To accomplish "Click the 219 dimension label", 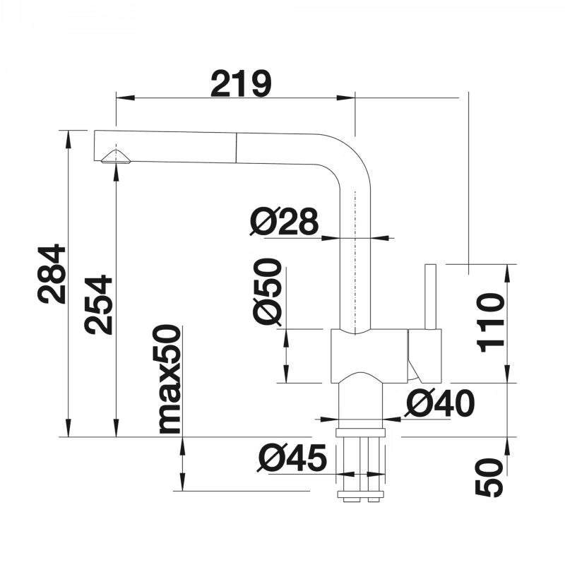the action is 241,83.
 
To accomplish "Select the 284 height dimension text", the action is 52,274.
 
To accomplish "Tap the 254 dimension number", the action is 97,305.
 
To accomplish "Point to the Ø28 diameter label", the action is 285,221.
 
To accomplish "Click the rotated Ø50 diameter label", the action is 267,291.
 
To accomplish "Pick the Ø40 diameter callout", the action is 439,403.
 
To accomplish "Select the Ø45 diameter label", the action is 292,458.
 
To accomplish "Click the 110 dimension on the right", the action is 490,323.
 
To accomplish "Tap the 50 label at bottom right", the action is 489,478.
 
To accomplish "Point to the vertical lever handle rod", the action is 431,297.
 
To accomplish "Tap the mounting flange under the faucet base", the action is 360,433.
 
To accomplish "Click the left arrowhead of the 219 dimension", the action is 125,97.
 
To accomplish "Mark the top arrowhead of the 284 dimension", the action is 68,139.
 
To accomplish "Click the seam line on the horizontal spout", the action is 237,148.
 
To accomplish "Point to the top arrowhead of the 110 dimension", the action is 508,273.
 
